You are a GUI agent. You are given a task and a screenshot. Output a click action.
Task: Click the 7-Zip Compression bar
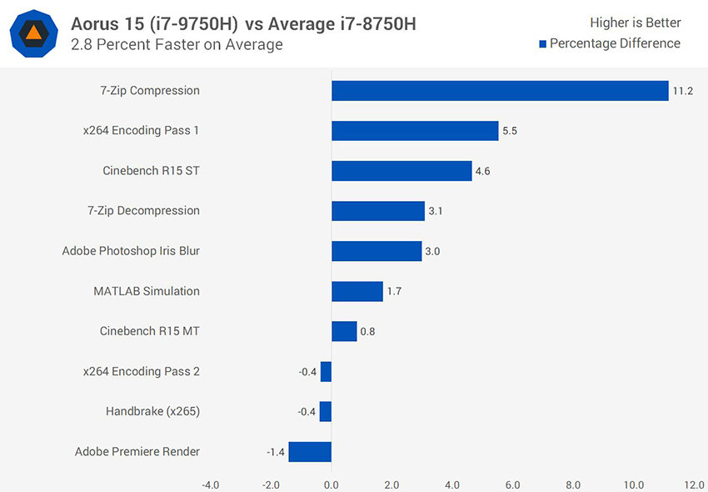point(500,91)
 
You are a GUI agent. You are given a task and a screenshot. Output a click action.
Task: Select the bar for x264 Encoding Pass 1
point(415,131)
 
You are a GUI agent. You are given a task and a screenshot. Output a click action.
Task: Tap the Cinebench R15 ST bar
point(401,171)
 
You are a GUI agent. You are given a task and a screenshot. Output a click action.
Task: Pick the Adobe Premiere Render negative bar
point(310,452)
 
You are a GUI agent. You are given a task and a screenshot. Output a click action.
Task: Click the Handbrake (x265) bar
point(326,412)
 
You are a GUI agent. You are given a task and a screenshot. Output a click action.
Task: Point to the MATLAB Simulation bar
point(357,291)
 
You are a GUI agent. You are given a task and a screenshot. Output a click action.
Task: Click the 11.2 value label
point(683,91)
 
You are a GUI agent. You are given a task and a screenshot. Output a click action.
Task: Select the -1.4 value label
point(276,452)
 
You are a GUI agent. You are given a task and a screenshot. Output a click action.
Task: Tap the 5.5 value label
point(510,131)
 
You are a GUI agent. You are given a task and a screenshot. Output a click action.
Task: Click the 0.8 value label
point(367,331)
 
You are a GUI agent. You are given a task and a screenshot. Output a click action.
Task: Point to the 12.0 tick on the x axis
point(694,484)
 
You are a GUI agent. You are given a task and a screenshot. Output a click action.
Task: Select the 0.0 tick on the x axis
point(332,484)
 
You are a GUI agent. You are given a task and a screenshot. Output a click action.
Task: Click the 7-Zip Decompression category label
point(143,211)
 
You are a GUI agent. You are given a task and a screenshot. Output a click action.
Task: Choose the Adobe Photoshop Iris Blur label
point(131,251)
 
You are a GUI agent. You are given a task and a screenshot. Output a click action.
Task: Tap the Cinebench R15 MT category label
point(149,331)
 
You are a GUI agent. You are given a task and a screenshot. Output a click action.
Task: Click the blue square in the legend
point(542,44)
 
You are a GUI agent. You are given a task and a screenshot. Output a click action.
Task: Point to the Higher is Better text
point(635,23)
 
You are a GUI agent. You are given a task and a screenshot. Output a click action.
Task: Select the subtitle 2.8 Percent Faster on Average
point(177,45)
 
